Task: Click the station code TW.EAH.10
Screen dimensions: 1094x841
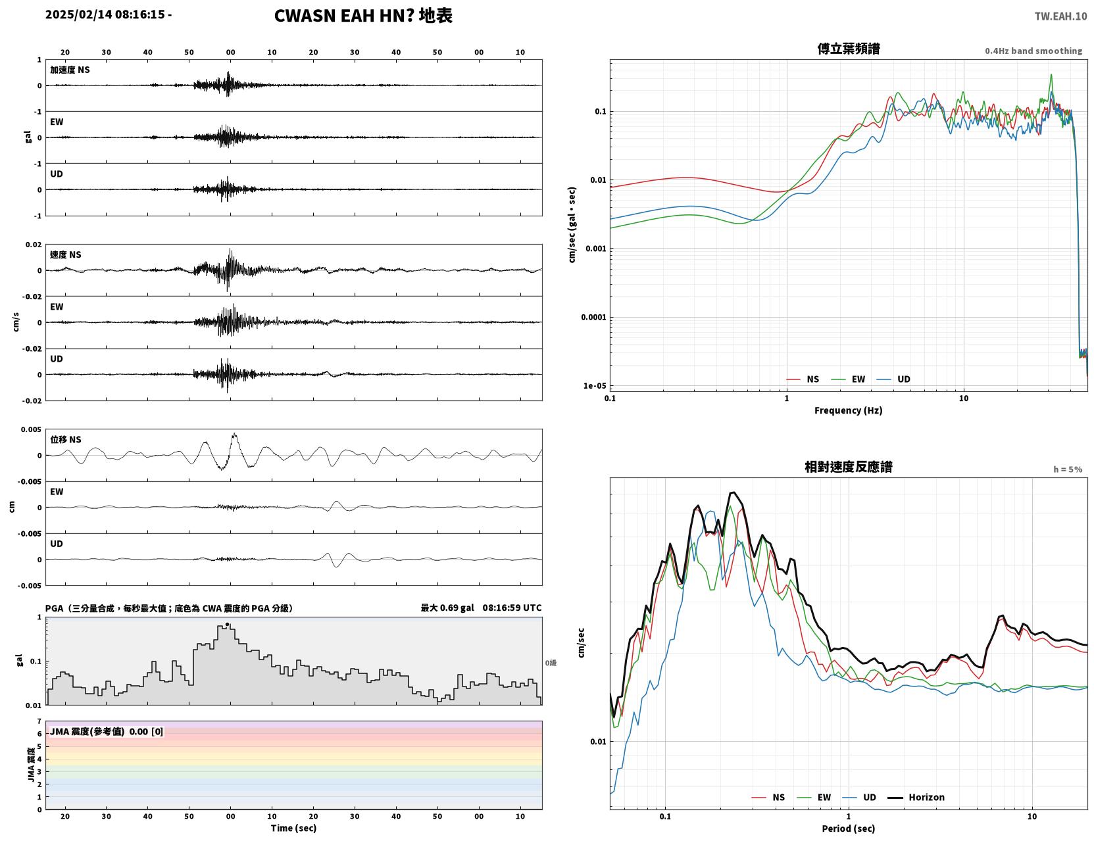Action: coord(1060,16)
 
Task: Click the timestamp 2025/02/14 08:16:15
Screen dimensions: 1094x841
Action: coord(105,14)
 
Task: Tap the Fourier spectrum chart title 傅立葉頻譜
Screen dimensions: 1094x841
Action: coord(849,49)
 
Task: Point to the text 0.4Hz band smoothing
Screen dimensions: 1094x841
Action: coord(1033,51)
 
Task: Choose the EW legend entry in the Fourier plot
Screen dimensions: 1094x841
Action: coord(848,379)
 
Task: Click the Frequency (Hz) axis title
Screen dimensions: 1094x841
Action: coord(849,410)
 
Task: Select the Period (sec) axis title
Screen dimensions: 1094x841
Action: coord(849,829)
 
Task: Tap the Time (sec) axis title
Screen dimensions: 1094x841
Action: coord(293,828)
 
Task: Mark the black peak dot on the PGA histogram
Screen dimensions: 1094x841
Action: coord(227,624)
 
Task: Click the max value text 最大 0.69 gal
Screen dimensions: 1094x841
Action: coord(447,608)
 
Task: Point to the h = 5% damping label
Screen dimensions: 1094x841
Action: coord(1067,469)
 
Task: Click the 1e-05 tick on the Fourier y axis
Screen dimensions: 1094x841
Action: coord(595,386)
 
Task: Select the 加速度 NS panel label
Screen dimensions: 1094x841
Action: coord(70,70)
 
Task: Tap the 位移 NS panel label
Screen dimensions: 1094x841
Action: coord(65,440)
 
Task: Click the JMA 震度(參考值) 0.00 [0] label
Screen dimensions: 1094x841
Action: coord(106,731)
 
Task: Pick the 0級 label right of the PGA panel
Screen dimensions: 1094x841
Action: coord(551,663)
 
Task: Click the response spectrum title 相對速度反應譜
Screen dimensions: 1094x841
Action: coord(849,467)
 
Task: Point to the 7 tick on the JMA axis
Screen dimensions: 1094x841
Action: coord(39,721)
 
